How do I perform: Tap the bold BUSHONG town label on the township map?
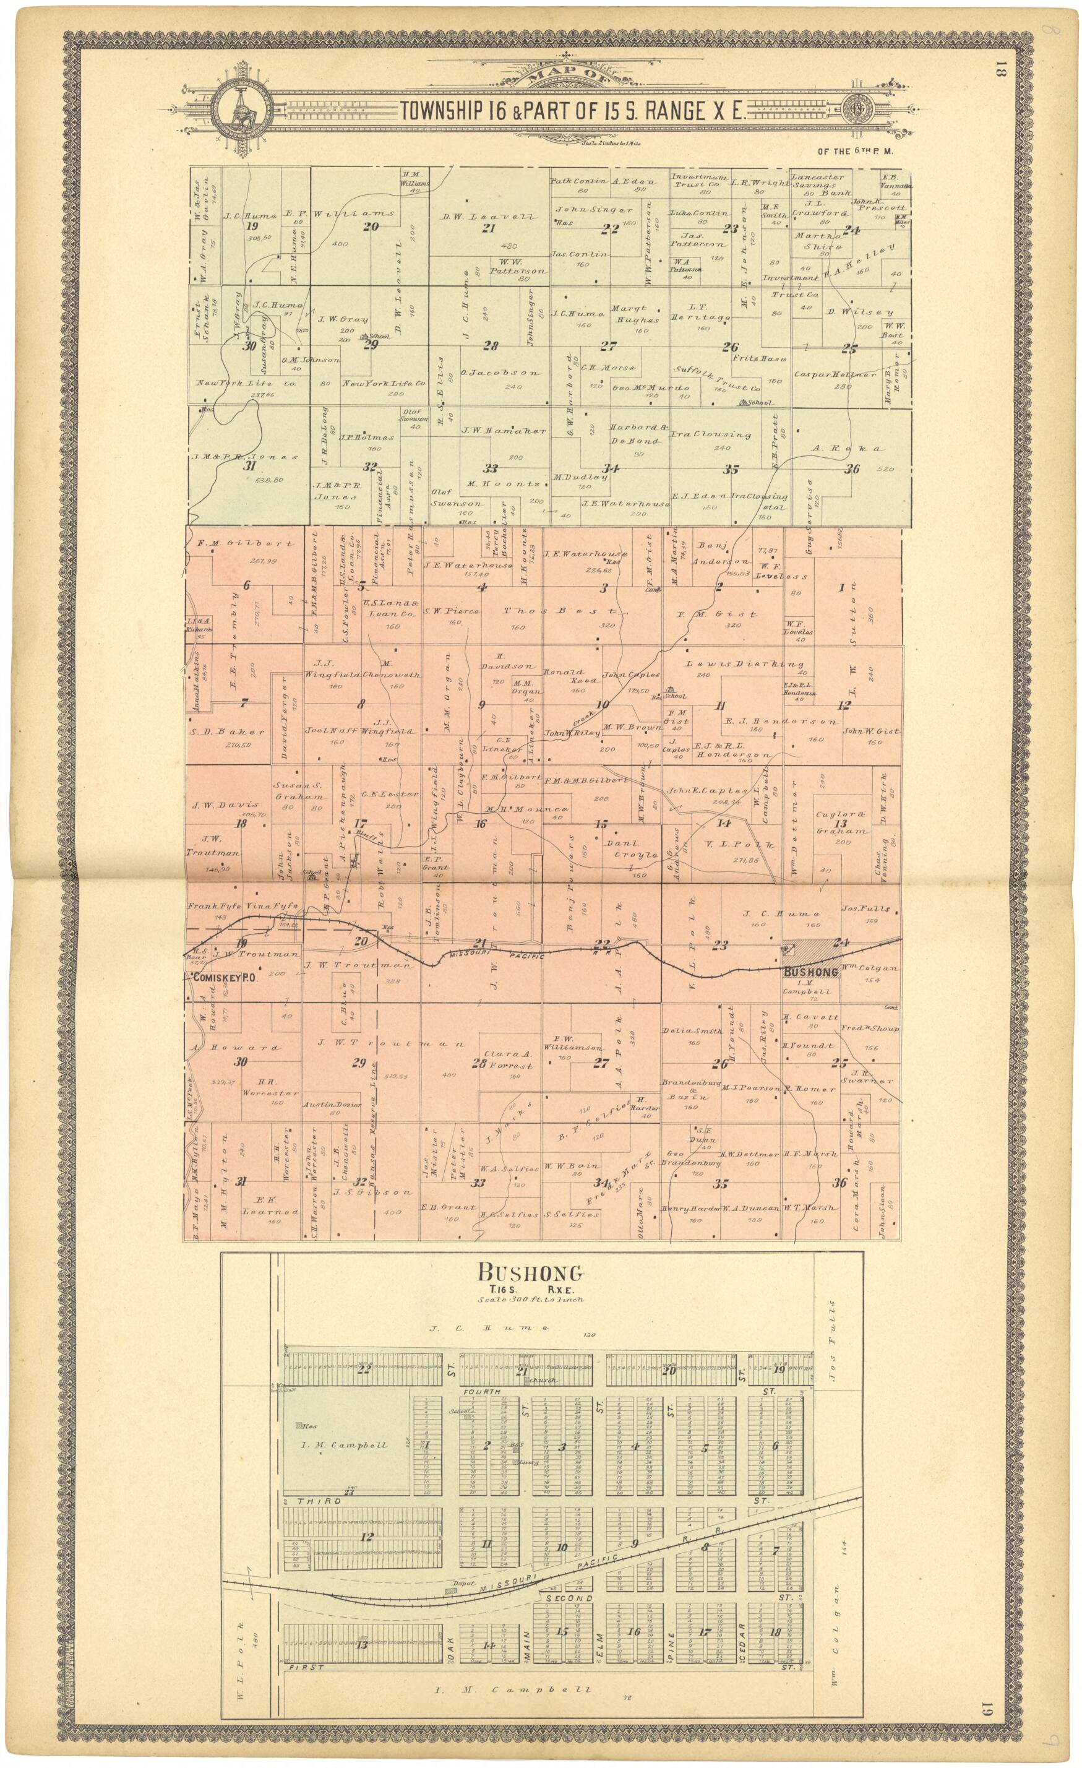(811, 972)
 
